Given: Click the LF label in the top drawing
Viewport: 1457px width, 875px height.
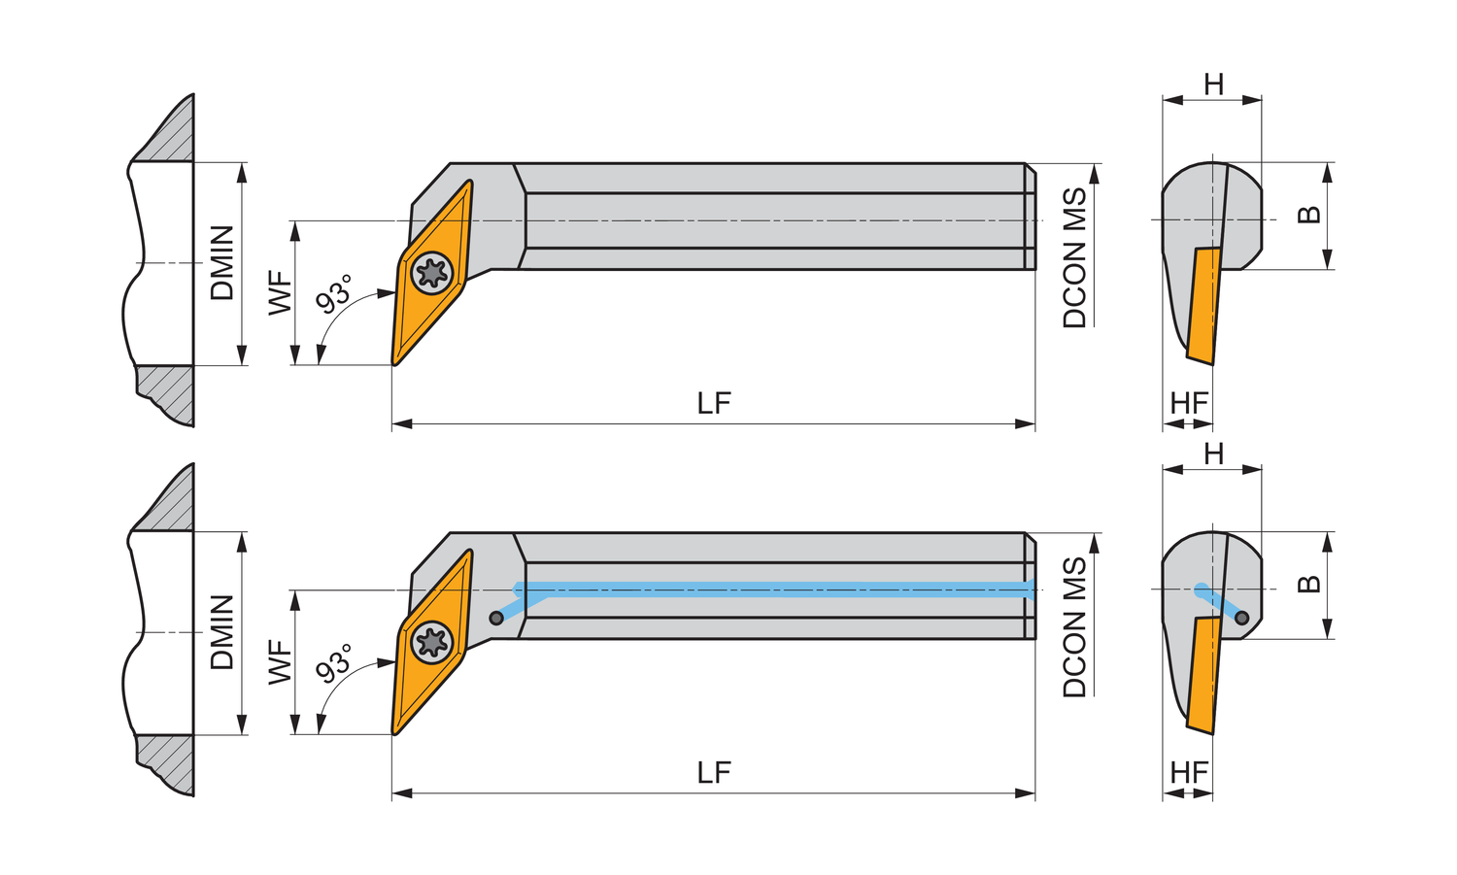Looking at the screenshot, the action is (714, 403).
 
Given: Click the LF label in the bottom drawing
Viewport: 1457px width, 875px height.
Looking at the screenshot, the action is (714, 773).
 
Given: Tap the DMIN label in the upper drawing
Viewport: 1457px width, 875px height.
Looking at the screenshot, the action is (222, 263).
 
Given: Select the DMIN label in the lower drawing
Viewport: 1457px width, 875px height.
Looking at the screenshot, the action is (222, 632).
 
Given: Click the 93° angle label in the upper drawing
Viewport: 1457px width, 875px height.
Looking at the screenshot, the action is (334, 294).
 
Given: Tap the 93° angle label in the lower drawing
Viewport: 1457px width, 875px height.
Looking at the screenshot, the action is (334, 663).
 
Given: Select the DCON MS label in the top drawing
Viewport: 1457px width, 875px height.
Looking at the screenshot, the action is (1074, 257).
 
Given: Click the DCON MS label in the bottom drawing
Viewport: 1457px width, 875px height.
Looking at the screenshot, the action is (1074, 627).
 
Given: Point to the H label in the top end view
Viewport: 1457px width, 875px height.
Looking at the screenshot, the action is (1214, 84).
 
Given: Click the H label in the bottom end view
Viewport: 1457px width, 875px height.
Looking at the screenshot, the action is (1214, 454).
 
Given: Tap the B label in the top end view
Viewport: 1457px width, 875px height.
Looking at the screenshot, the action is (1308, 214).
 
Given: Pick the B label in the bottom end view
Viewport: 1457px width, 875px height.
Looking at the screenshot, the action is (1308, 584).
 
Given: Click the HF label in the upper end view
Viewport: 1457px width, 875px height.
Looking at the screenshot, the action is (1189, 403).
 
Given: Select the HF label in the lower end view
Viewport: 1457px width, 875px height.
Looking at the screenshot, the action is (1189, 773).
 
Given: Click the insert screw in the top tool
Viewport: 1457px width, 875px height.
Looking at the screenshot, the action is (432, 273).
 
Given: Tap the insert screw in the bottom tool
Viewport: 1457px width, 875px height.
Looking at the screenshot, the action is (432, 643).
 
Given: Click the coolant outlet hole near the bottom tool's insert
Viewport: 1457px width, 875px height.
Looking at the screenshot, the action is (496, 618).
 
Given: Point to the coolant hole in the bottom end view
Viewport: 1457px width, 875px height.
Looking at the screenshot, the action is (1241, 618).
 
